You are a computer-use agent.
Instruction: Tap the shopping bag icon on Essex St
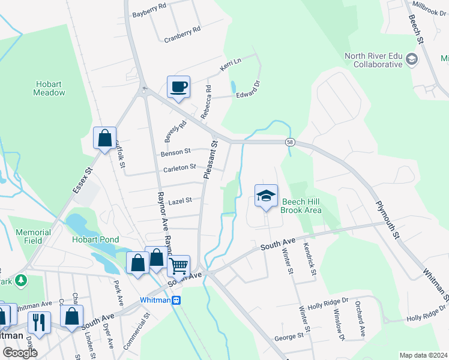click(x=105, y=139)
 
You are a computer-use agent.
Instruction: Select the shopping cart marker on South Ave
click(x=178, y=265)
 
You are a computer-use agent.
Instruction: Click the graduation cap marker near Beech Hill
click(x=266, y=196)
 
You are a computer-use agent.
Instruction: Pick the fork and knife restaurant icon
click(x=39, y=323)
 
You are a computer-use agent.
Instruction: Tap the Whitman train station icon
click(x=176, y=300)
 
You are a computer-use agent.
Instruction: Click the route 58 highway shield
click(x=290, y=142)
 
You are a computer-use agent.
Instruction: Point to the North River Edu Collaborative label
click(x=373, y=61)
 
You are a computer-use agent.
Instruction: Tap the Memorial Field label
click(x=33, y=236)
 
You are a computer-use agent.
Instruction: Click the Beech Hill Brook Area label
click(x=302, y=206)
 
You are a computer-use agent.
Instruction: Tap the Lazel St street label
click(x=179, y=200)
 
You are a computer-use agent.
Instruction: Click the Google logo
click(x=20, y=353)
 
